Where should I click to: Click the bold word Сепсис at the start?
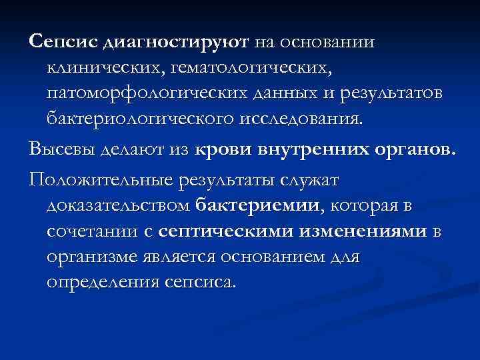coord(63,42)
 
